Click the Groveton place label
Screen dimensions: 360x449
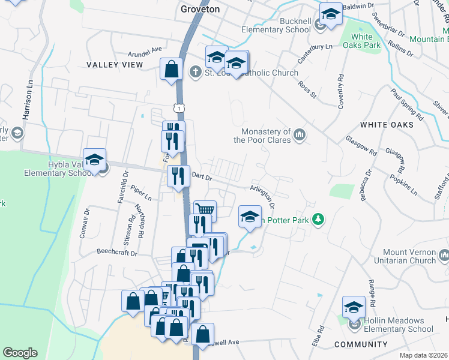coord(200,9)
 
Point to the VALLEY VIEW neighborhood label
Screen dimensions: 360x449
coord(115,64)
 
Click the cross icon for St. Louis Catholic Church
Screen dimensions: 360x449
coord(194,73)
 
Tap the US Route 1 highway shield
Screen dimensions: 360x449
coord(178,107)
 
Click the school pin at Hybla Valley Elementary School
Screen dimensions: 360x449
coord(94,160)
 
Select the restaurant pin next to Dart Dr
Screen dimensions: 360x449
coord(178,175)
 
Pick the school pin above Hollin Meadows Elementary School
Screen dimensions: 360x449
coord(354,307)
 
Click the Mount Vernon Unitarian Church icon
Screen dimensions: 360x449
coord(444,256)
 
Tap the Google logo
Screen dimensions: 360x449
coord(20,353)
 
